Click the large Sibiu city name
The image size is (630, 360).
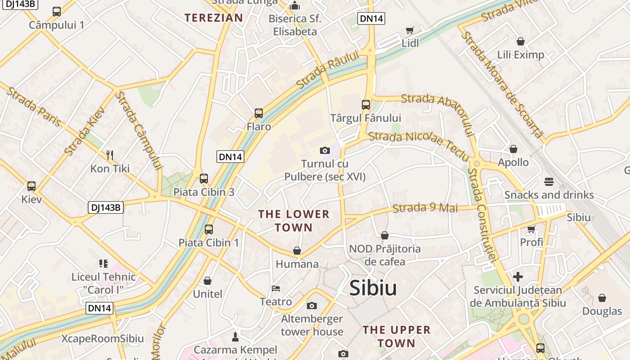click(x=373, y=288)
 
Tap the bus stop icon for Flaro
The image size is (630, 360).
click(x=258, y=113)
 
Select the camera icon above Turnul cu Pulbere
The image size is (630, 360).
click(x=324, y=150)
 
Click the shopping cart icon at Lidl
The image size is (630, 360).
click(x=409, y=31)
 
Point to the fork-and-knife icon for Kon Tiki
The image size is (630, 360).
click(x=110, y=155)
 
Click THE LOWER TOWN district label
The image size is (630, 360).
click(x=294, y=220)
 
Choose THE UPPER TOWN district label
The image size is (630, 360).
click(x=396, y=336)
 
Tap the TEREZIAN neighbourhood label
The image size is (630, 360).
click(x=214, y=18)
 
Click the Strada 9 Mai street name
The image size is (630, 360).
click(x=425, y=208)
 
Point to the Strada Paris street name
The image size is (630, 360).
click(x=34, y=106)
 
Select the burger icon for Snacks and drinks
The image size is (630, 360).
click(x=549, y=182)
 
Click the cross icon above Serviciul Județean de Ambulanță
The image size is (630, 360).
click(x=518, y=276)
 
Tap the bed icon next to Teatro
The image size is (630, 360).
click(x=276, y=288)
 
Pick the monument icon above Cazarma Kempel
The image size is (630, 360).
click(x=235, y=337)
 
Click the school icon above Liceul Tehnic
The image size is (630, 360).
click(x=103, y=263)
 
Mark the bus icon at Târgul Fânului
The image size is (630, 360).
click(x=366, y=105)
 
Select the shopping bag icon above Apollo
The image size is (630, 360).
click(x=513, y=149)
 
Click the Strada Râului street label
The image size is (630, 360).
click(x=328, y=70)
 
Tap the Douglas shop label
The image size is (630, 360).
click(x=602, y=311)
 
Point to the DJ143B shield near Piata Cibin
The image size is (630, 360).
click(x=105, y=207)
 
